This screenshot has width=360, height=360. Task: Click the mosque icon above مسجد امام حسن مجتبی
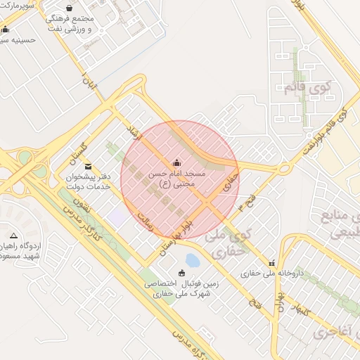pos(176,161)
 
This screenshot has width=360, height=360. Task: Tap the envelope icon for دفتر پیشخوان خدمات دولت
pos(87,166)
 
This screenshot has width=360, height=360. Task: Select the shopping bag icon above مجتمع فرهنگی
pos(68,8)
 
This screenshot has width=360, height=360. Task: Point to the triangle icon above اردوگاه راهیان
pos(13,235)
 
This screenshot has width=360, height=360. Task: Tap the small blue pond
pos(192,260)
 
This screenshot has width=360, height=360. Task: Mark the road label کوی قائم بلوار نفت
pos(328,131)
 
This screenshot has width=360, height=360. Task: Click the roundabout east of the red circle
pos(284,169)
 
